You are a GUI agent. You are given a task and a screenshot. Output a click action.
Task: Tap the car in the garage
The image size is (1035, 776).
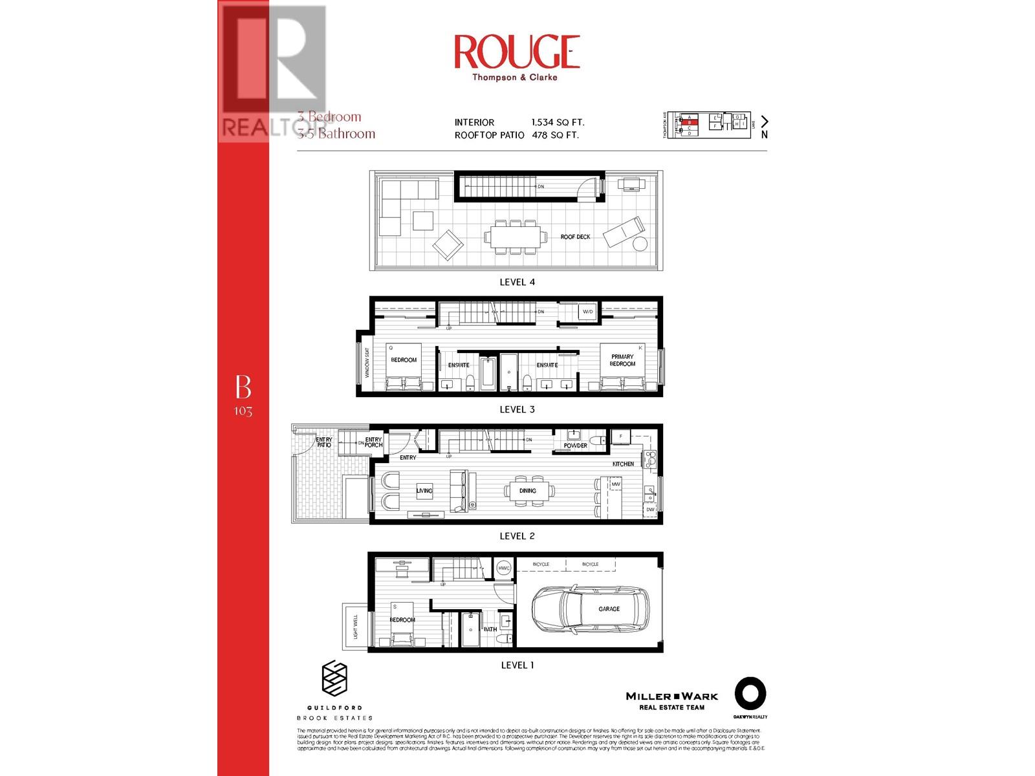pyautogui.click(x=590, y=609)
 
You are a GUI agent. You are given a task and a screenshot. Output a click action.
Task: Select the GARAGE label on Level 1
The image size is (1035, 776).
pyautogui.click(x=609, y=609)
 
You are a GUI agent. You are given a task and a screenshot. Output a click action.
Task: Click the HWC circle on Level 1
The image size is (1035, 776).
pyautogui.click(x=504, y=568)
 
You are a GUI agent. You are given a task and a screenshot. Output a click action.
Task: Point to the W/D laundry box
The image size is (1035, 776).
pyautogui.click(x=587, y=312)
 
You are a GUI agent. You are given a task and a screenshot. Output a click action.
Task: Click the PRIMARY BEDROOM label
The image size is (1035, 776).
pyautogui.click(x=622, y=360)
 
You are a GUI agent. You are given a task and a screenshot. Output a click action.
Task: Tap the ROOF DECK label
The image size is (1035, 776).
pyautogui.click(x=575, y=237)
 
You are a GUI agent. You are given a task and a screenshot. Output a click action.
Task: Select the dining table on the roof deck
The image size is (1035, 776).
pyautogui.click(x=516, y=237)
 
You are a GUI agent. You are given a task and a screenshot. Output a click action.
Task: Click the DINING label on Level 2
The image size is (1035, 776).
pyautogui.click(x=527, y=491)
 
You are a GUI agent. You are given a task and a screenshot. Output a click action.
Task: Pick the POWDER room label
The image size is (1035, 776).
pyautogui.click(x=575, y=446)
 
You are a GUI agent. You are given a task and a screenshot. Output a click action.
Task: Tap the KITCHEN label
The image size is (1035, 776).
pyautogui.click(x=623, y=464)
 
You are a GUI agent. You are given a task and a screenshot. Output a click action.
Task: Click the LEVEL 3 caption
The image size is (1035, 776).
pyautogui.click(x=517, y=409)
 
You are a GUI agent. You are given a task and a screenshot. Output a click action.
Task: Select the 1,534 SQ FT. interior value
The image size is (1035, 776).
pyautogui.click(x=558, y=122)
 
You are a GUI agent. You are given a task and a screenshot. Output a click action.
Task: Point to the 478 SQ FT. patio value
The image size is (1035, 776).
pyautogui.click(x=555, y=135)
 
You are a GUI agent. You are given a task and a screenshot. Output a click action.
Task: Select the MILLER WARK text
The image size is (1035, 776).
pyautogui.click(x=671, y=696)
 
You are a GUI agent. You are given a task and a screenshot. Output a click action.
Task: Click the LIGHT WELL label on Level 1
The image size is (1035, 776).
pyautogui.click(x=355, y=627)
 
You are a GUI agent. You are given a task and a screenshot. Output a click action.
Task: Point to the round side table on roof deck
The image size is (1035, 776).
pyautogui.click(x=639, y=244)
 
